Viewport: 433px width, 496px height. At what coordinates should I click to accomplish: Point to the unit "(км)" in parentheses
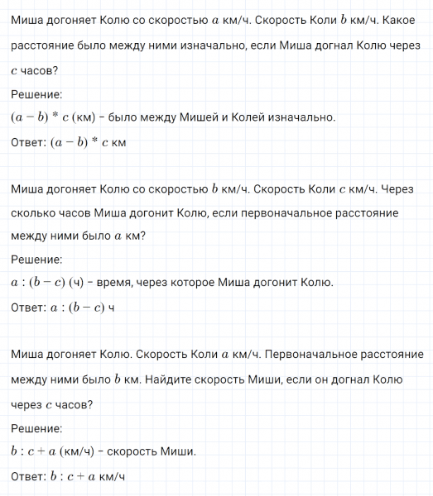click(x=86, y=118)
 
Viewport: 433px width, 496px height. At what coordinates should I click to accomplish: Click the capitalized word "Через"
click(x=404, y=190)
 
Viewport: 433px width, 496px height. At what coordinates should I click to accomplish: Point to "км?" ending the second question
click(x=135, y=237)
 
